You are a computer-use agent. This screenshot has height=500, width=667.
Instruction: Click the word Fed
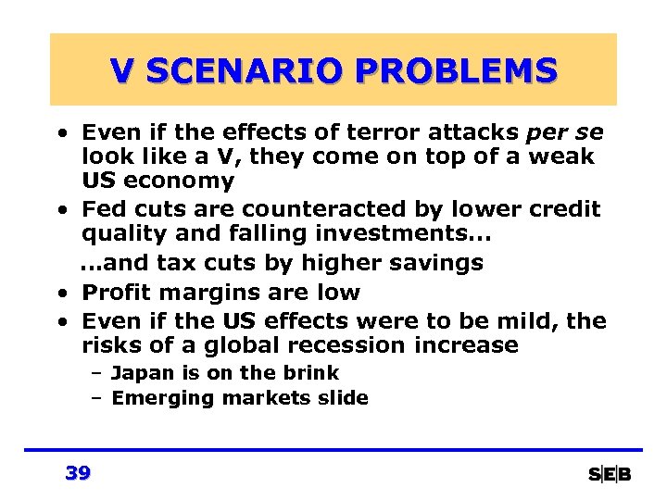point(103,210)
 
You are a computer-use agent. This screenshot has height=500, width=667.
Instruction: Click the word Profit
point(113,293)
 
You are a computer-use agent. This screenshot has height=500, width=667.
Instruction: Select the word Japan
point(138,373)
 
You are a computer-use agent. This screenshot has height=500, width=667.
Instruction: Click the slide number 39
point(79,473)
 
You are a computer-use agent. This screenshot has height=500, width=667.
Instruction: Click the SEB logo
point(610,474)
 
